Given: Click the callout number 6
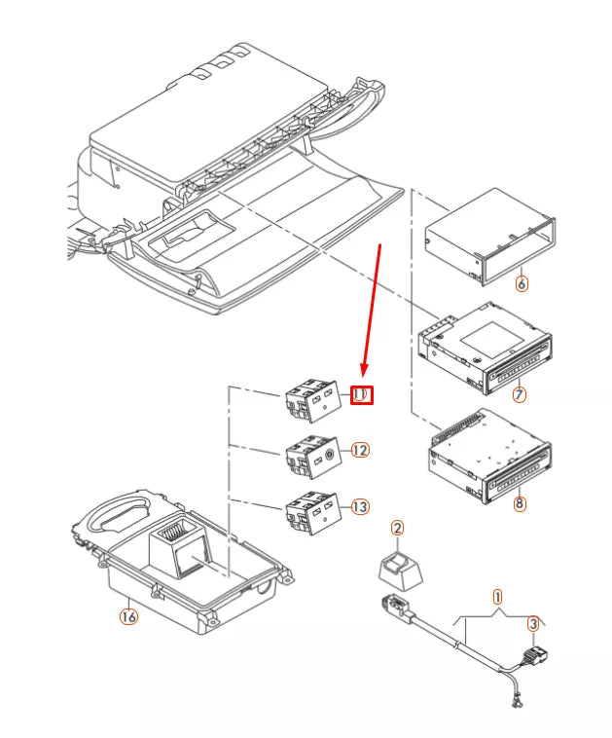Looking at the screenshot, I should [522, 284].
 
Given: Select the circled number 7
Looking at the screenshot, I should [520, 394].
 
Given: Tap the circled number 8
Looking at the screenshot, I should [520, 504].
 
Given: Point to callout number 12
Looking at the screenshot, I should [360, 451].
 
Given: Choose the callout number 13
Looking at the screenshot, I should [360, 506].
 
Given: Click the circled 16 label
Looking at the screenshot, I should [128, 616].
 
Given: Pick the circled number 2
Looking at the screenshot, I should [397, 528].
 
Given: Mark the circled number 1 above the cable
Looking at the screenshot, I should [497, 595].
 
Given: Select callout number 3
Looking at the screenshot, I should [532, 623].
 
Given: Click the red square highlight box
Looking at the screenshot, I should [360, 394].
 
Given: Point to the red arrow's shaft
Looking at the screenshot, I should [371, 312].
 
